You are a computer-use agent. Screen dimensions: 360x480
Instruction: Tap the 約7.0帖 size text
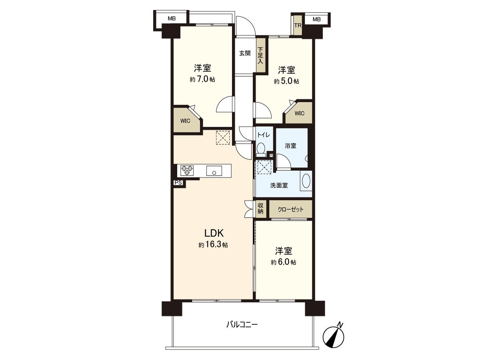(202, 80)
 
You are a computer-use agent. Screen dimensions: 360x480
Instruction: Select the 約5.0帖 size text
(286, 81)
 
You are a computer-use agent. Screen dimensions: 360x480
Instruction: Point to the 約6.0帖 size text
(283, 262)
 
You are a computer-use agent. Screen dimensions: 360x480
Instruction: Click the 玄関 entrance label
(245, 53)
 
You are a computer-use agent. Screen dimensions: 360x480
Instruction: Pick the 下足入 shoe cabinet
(260, 55)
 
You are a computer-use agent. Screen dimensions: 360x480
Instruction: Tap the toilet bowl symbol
(261, 149)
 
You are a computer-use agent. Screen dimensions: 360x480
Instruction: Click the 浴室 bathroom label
(290, 146)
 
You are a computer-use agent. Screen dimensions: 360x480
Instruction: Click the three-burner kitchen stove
(187, 171)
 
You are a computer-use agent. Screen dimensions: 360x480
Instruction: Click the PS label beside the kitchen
(178, 183)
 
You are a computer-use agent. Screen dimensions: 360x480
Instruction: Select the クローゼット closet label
(290, 209)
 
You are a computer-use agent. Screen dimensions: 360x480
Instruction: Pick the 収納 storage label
(260, 208)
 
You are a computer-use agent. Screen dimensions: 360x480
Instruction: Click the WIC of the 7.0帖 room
(185, 121)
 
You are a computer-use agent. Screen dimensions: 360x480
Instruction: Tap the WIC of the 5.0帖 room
(300, 113)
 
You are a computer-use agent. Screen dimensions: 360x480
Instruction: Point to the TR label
(297, 26)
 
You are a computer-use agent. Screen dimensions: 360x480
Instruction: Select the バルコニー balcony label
(242, 324)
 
